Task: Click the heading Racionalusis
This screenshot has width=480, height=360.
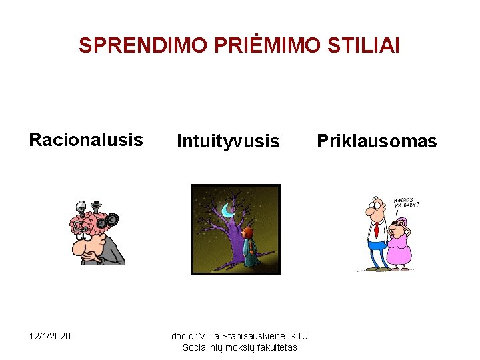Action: point(85,140)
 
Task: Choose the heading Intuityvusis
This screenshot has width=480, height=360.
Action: point(228,141)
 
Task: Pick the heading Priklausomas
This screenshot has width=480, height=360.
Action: point(377,141)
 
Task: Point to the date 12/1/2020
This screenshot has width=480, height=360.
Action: point(49,336)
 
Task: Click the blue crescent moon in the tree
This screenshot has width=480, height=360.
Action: point(228,210)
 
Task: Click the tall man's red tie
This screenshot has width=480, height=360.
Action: point(377,229)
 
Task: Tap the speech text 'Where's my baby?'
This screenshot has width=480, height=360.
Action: point(406,203)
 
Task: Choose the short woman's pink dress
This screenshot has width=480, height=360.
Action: point(399,250)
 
